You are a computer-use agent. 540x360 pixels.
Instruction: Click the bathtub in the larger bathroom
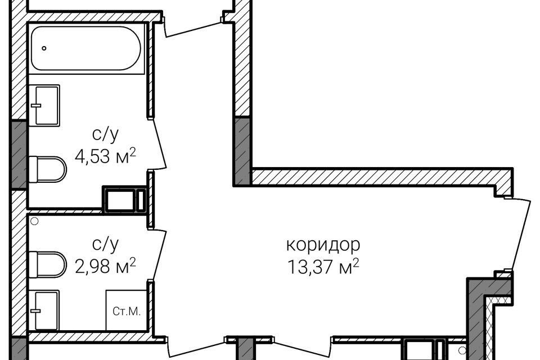click(86, 48)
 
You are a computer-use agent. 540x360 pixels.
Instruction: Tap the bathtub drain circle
click(44, 48)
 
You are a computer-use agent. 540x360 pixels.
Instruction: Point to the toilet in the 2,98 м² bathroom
click(47, 264)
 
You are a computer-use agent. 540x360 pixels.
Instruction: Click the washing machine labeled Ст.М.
click(127, 310)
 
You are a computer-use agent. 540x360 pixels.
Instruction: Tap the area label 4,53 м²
click(105, 156)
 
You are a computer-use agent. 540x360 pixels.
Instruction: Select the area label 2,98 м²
click(105, 266)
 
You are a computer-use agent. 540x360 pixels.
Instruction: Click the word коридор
click(323, 245)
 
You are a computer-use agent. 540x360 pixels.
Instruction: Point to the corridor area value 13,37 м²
click(323, 267)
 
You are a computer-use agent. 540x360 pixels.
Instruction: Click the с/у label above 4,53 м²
click(105, 134)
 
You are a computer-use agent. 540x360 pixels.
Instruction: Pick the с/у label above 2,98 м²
click(105, 244)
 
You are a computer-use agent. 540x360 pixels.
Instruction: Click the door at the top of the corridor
click(193, 27)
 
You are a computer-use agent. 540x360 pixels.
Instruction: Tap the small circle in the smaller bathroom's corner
click(34, 221)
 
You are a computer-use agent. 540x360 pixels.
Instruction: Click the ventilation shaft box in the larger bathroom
click(125, 199)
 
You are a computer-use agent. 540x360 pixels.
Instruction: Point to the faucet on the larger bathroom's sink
click(36, 105)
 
